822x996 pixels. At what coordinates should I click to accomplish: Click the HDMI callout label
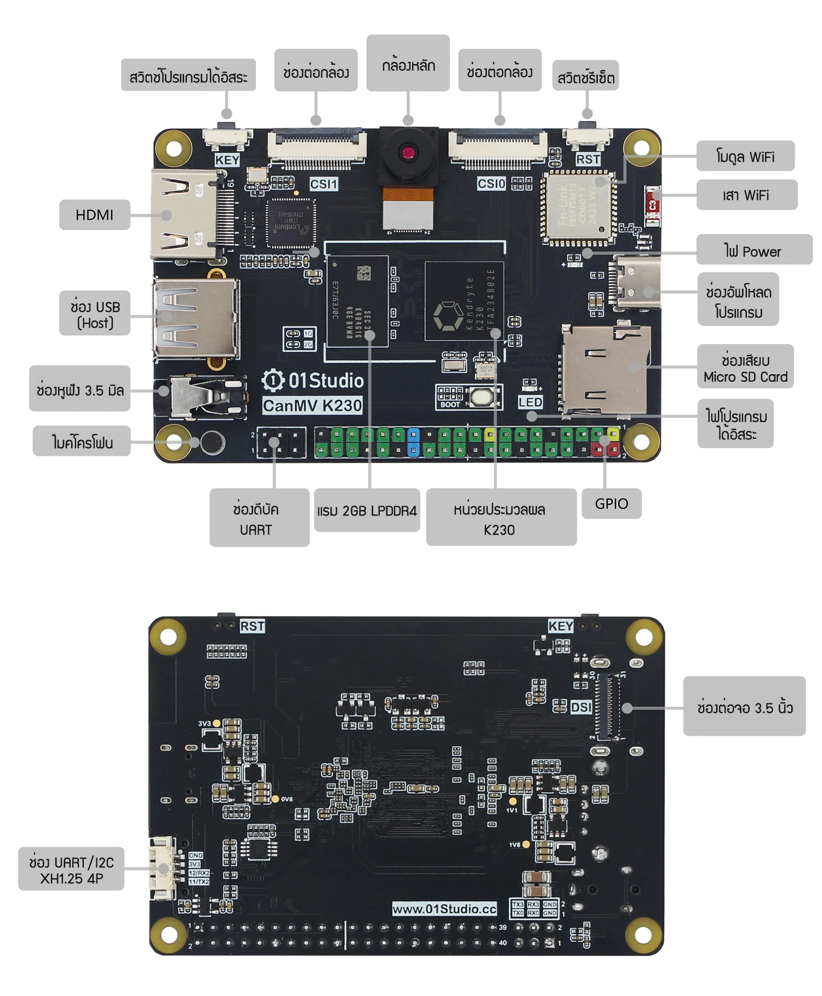tap(94, 215)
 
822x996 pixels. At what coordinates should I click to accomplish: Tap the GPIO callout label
tap(612, 503)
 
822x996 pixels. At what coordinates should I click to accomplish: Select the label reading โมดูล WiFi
tap(745, 157)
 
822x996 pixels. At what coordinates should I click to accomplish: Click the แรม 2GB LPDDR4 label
tap(367, 511)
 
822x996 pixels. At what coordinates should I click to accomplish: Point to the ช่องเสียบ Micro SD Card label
tap(745, 368)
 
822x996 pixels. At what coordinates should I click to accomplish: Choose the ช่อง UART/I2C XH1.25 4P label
tap(71, 870)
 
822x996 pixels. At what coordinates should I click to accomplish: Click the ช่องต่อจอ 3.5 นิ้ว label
tap(744, 707)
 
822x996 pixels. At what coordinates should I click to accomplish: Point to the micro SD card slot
tap(604, 370)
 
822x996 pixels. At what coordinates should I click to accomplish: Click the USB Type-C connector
tap(636, 283)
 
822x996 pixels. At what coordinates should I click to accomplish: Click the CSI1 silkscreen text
tap(323, 184)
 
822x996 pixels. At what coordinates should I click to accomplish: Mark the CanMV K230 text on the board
tap(312, 406)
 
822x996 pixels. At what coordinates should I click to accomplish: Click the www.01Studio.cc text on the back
tap(444, 909)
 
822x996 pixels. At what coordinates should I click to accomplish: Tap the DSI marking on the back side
tap(581, 707)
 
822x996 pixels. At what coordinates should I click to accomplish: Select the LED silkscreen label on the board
tap(530, 402)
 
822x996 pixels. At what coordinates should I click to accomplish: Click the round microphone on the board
tap(212, 442)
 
